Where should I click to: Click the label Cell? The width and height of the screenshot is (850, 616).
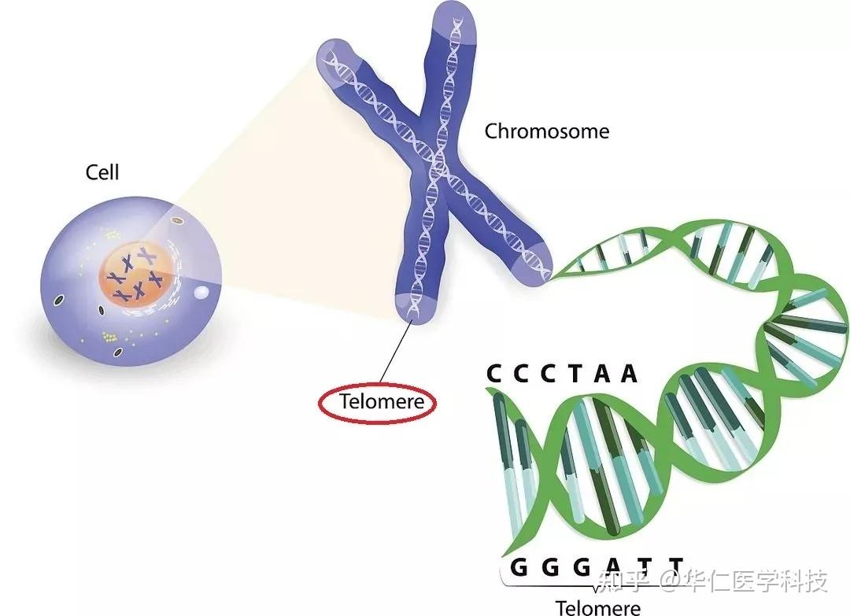pos(102,172)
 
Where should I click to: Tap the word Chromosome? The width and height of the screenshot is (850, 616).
pos(546,131)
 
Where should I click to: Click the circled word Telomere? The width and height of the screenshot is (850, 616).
pos(382,401)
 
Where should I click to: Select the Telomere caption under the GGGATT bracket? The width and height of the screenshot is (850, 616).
pos(598,607)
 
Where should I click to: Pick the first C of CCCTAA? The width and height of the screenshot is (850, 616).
pos(493,373)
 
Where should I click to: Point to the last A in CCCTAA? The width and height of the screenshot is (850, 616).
pos(629,373)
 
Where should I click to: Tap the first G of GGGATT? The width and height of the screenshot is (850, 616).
pos(519,567)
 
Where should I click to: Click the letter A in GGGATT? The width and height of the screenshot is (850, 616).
pos(613,567)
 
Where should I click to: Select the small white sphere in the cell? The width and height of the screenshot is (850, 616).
pos(201,292)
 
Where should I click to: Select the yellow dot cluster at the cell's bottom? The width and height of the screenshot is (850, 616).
pos(109,338)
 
